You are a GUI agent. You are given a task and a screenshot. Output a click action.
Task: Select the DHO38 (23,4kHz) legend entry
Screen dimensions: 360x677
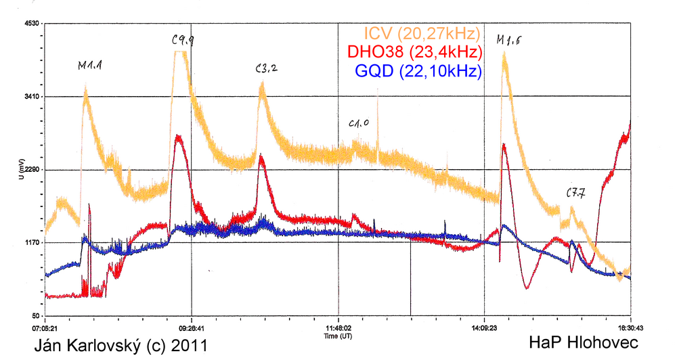point(414,52)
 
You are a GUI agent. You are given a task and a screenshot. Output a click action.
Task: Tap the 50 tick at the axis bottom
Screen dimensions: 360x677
point(37,316)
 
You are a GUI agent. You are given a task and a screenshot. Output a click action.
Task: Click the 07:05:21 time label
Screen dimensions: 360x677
point(47,325)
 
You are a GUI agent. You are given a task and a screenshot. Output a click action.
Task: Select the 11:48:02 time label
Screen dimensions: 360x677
point(338,325)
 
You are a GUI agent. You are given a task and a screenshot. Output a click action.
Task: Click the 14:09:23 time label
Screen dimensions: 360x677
point(484,325)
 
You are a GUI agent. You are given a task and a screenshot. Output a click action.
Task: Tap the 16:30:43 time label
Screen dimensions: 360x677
point(630,325)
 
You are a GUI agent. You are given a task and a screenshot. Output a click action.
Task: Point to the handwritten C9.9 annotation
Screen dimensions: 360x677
point(183,41)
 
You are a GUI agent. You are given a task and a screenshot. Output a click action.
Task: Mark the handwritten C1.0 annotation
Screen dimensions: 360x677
point(359,124)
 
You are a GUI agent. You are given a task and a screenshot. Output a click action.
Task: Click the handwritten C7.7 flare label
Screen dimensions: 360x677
point(575,194)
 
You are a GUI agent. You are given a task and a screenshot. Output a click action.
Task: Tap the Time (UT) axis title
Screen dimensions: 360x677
point(338,335)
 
